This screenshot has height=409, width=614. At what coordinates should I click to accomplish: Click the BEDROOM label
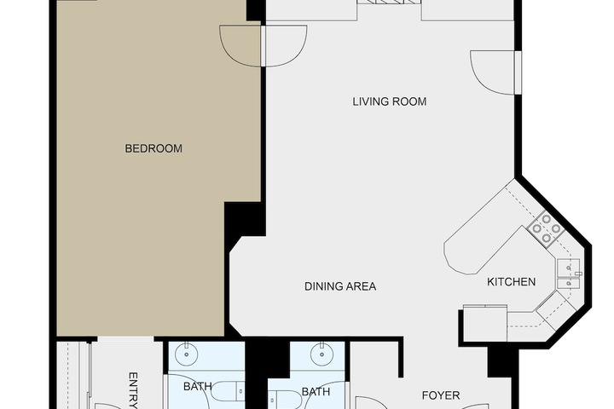pyautogui.click(x=153, y=148)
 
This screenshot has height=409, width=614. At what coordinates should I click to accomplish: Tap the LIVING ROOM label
pyautogui.click(x=389, y=101)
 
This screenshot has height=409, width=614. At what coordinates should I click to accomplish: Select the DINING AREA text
pyautogui.click(x=340, y=286)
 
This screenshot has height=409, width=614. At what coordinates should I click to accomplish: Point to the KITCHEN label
pyautogui.click(x=511, y=282)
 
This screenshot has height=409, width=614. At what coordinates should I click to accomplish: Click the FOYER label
pyautogui.click(x=441, y=395)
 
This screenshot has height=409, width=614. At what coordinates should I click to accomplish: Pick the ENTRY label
pyautogui.click(x=134, y=390)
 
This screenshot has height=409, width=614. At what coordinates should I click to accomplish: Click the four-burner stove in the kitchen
pyautogui.click(x=546, y=228)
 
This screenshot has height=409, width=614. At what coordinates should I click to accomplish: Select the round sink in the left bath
pyautogui.click(x=187, y=354)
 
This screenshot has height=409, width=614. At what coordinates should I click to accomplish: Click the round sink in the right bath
pyautogui.click(x=321, y=354)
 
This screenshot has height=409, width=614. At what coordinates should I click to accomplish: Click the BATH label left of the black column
pyautogui.click(x=198, y=387)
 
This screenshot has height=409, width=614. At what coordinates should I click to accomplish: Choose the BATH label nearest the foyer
pyautogui.click(x=316, y=392)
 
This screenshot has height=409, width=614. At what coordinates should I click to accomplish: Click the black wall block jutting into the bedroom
pyautogui.click(x=245, y=219)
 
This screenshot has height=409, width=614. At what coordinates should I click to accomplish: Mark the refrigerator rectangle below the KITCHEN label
pyautogui.click(x=485, y=322)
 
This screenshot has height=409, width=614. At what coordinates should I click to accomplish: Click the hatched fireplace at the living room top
pyautogui.click(x=389, y=2)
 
